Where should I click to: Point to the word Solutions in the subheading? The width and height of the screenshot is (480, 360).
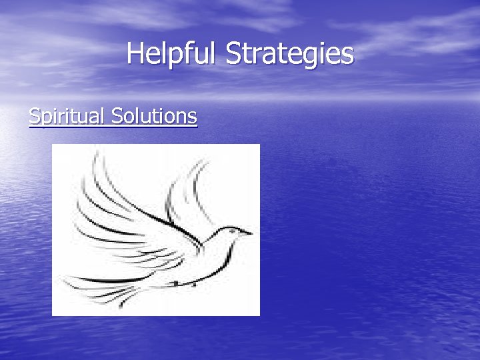pos(155,117)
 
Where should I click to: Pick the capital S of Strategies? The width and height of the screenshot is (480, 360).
pos(233,53)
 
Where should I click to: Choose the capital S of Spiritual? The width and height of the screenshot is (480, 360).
pos(35,117)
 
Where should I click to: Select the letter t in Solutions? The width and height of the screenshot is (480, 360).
pos(157,117)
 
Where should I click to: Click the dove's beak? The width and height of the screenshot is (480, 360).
pos(248,233)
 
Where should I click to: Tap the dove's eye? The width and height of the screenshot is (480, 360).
pos(233,231)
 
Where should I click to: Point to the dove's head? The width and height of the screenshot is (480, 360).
pos(231,235)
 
